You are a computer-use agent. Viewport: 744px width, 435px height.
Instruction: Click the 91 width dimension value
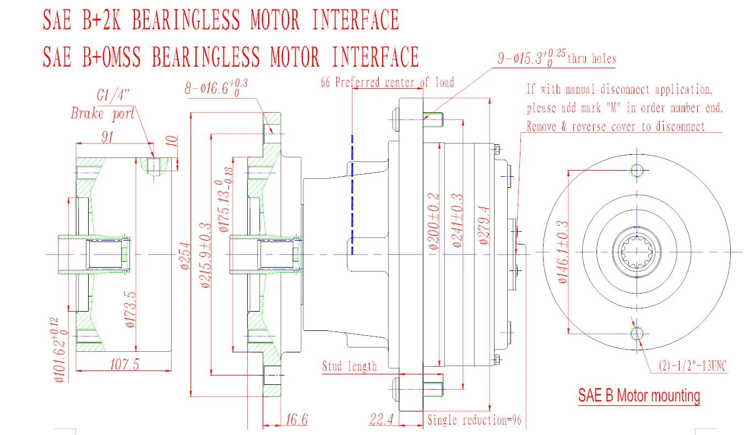click(107, 137)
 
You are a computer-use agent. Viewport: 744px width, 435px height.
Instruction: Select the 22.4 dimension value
click(381, 420)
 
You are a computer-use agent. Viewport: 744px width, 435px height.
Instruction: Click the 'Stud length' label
click(350, 366)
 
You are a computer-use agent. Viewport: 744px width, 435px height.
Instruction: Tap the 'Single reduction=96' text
click(474, 420)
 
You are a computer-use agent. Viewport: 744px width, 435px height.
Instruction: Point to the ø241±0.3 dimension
click(457, 220)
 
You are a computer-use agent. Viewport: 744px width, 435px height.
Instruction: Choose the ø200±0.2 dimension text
click(435, 221)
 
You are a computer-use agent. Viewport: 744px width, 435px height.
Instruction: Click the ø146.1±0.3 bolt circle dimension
click(562, 252)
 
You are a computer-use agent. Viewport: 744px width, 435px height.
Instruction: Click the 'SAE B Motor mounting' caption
click(639, 395)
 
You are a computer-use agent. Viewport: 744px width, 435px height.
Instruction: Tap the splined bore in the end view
click(637, 252)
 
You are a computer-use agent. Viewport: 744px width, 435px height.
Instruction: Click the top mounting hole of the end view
click(637, 170)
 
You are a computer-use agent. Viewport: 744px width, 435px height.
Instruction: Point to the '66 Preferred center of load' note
click(388, 83)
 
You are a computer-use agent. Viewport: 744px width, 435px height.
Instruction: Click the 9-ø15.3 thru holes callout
click(556, 58)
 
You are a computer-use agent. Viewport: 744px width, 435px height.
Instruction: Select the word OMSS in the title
click(126, 56)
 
